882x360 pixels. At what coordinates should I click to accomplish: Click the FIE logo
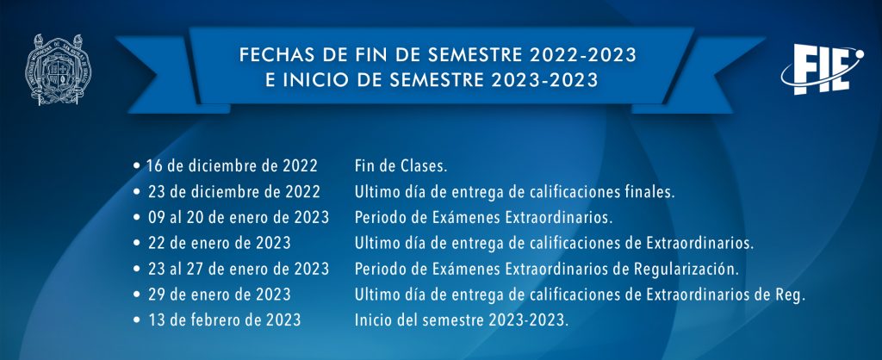click(x=822, y=70)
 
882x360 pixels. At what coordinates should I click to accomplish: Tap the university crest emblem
click(x=58, y=70)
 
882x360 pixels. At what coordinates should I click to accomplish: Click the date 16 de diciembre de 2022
click(x=232, y=166)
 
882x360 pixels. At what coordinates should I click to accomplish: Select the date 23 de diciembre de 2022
click(x=234, y=192)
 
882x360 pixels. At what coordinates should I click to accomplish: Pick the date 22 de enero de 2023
click(x=220, y=244)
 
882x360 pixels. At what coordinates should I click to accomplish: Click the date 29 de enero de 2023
click(x=220, y=295)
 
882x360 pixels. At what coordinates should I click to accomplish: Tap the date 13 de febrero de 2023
click(x=225, y=320)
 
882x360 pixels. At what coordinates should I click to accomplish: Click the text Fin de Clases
click(x=401, y=166)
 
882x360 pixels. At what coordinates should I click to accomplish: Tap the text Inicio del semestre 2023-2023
click(x=462, y=320)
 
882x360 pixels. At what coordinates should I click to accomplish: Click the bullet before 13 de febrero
click(x=137, y=320)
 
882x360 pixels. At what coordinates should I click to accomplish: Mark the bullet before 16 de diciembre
click(x=137, y=166)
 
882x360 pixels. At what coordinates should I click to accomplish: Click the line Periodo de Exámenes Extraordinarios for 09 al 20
click(x=483, y=218)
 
